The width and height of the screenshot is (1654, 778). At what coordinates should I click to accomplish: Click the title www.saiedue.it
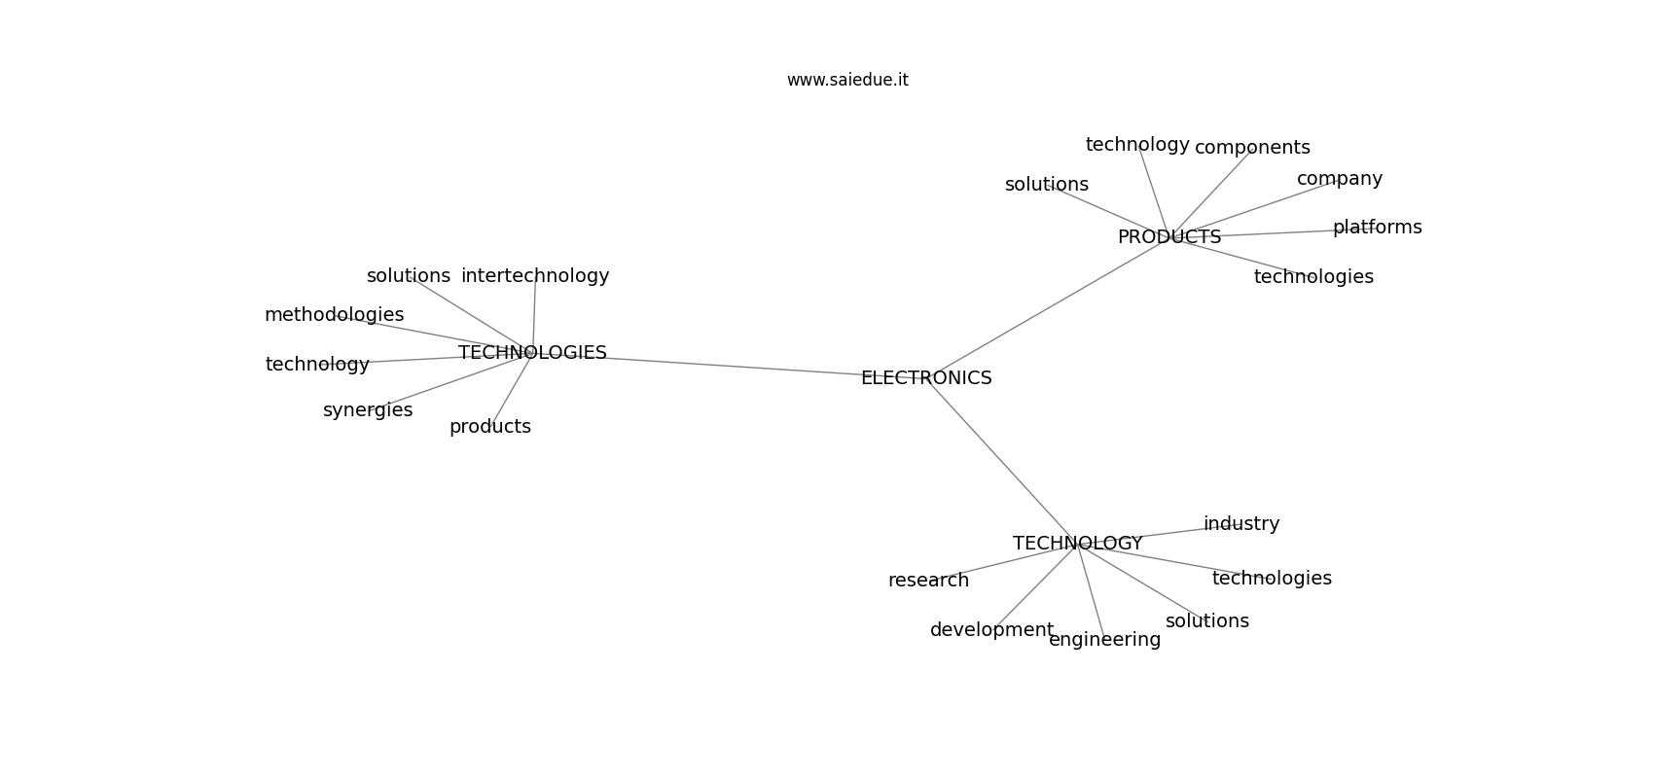846,80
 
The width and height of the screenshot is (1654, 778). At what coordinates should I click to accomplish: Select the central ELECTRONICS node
926,378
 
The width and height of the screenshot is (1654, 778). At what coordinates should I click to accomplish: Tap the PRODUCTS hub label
1169,237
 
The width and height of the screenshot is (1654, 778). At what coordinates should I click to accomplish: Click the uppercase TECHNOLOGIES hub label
531,353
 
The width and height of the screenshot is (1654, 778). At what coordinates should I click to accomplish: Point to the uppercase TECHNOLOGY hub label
1077,544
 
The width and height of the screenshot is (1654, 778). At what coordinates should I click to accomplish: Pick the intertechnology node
534,276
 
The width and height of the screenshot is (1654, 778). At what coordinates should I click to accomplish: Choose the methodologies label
334,315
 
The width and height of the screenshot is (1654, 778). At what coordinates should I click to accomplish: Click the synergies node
368,409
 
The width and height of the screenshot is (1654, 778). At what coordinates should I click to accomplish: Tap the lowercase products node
490,427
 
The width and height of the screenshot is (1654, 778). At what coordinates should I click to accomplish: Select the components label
1252,148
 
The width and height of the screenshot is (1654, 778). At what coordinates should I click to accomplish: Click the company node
1340,179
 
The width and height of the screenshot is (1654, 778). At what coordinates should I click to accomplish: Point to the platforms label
1377,228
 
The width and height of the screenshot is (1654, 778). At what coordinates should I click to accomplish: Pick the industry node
1241,524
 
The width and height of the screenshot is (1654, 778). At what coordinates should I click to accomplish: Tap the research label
928,581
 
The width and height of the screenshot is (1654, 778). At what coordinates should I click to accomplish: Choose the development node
991,630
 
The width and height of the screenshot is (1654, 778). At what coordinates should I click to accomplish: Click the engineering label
1104,640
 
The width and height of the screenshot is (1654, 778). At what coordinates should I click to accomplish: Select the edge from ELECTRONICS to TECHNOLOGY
1002,461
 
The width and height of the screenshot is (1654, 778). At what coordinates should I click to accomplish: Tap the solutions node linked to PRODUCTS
1046,185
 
